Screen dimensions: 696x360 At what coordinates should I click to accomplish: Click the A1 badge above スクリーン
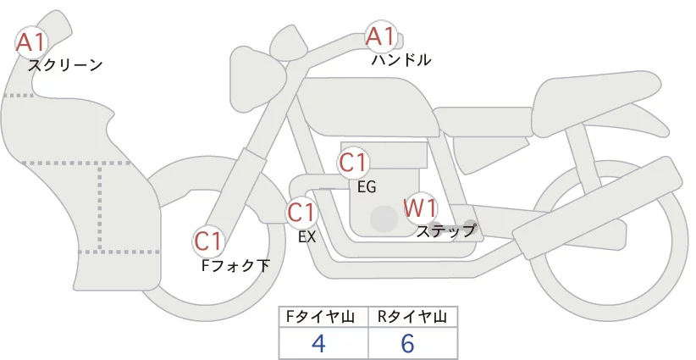[33, 41]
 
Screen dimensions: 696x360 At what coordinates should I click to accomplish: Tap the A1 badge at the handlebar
[380, 36]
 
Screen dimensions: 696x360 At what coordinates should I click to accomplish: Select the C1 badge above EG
[353, 162]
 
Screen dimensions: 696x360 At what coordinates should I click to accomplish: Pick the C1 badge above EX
[301, 211]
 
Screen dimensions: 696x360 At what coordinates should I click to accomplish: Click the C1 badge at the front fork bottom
[207, 241]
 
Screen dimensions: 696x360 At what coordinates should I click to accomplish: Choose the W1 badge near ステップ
[419, 207]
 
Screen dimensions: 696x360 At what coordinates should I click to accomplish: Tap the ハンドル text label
[401, 60]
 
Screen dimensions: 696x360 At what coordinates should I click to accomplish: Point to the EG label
[367, 186]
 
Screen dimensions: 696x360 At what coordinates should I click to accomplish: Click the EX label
[307, 237]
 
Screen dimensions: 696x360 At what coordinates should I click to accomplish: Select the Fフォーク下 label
[235, 266]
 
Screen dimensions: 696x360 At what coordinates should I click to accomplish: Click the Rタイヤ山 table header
[412, 317]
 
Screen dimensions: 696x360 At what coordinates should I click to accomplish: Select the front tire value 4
[318, 344]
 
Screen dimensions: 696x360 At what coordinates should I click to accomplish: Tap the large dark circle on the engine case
[384, 219]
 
